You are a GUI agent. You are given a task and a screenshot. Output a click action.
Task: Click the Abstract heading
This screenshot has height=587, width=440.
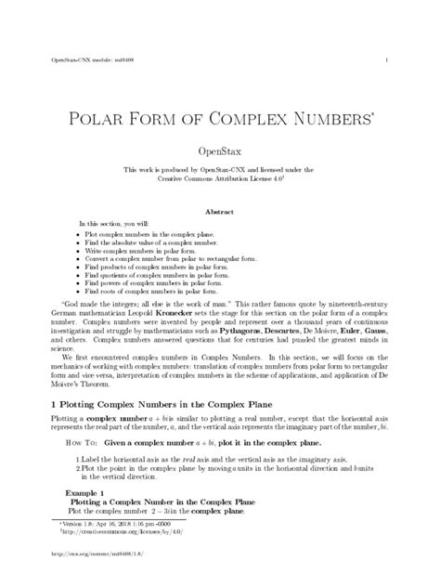click(x=219, y=212)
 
